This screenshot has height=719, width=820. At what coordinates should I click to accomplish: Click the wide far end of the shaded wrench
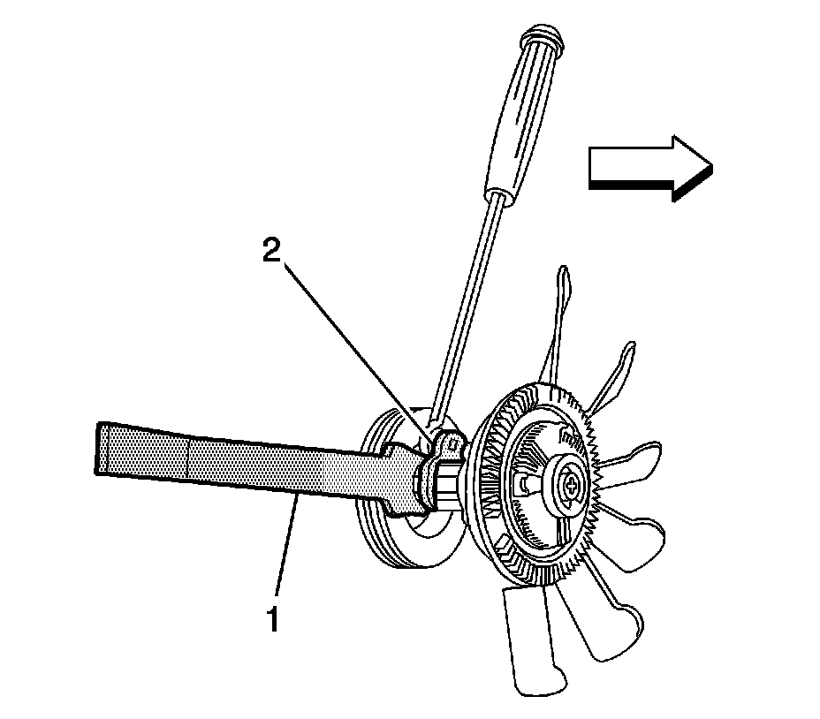[110, 449]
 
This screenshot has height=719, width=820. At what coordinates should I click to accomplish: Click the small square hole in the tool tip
[450, 442]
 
